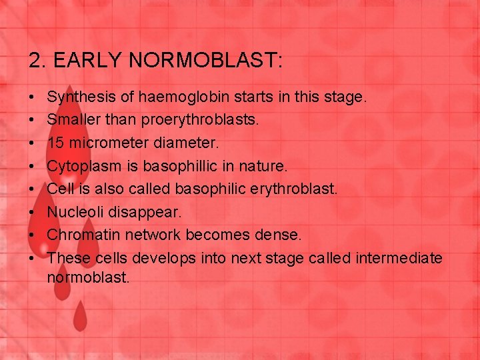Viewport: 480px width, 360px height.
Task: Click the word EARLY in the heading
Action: click(86, 61)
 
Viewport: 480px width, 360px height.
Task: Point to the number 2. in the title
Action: click(37, 61)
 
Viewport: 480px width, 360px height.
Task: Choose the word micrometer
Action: click(106, 143)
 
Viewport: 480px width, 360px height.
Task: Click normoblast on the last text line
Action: click(88, 277)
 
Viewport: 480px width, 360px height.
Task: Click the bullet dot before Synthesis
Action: click(32, 98)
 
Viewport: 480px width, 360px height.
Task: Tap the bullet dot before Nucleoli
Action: click(32, 211)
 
